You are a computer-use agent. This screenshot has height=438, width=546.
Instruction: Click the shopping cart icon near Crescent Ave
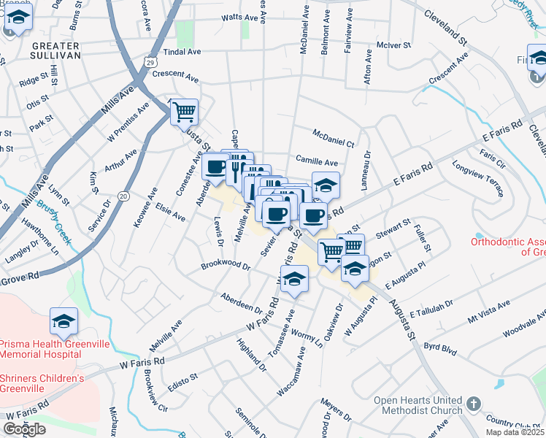pyautogui.click(x=184, y=112)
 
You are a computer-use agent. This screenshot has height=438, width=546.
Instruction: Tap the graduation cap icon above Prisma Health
pyautogui.click(x=64, y=320)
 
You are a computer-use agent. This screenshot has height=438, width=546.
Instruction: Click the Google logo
pyautogui.click(x=24, y=429)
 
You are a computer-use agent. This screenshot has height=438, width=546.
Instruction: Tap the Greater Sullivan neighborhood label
pyautogui.click(x=55, y=49)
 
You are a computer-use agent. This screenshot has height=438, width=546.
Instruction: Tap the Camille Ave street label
pyautogui.click(x=317, y=161)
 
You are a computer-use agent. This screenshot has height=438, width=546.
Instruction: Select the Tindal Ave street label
pyautogui.click(x=182, y=52)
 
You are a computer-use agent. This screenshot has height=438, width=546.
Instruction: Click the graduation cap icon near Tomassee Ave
pyautogui.click(x=293, y=278)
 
